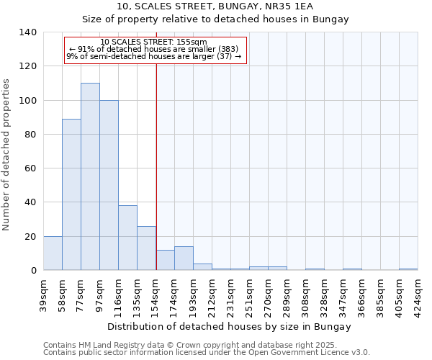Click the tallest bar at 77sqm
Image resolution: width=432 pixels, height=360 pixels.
90,176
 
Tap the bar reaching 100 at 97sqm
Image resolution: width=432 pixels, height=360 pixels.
109,185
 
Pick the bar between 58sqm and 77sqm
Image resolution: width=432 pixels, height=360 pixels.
71,194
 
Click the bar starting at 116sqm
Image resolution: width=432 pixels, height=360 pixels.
127,238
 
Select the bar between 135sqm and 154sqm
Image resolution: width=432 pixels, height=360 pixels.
146,248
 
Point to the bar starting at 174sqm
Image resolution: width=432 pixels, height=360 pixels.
184,258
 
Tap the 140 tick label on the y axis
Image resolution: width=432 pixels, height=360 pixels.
27,32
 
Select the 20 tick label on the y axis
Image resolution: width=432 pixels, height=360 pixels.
30,237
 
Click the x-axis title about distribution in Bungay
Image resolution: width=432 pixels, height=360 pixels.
230,327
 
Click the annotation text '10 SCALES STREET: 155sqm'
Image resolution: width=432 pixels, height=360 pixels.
154,42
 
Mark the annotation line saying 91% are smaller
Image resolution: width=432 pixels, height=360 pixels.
154,49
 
